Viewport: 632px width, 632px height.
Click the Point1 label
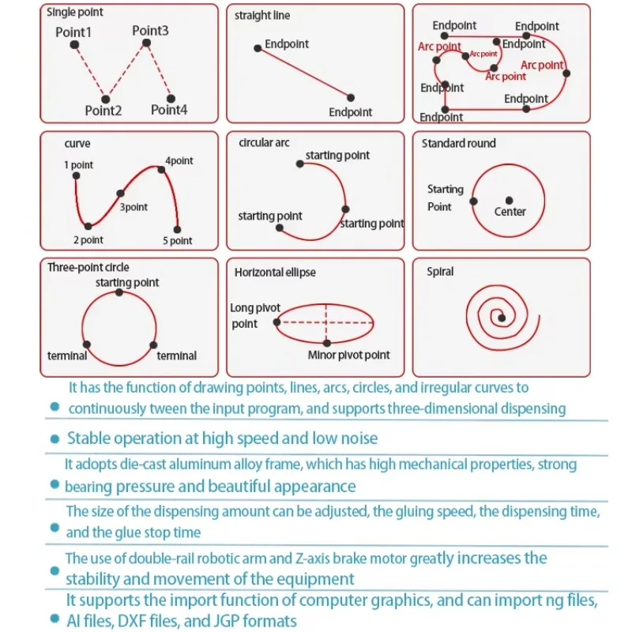click(x=73, y=32)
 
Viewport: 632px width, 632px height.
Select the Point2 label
click(x=103, y=111)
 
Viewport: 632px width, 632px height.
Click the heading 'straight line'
click(x=261, y=15)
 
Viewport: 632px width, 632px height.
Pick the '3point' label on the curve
click(x=134, y=207)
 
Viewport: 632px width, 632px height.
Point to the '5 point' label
click(x=177, y=241)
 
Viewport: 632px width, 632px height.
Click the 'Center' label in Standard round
click(x=510, y=212)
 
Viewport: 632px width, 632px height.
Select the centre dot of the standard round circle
click(x=510, y=200)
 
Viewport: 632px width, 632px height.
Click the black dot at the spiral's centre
click(x=501, y=318)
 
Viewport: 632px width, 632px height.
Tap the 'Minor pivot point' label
click(x=348, y=355)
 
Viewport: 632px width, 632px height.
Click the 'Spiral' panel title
click(x=440, y=271)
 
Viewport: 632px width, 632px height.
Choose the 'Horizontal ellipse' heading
click(x=275, y=272)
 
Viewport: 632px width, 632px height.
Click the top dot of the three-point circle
click(x=118, y=292)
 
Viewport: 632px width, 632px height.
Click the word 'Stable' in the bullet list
click(x=87, y=438)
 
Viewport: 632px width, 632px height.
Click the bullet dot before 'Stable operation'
click(x=55, y=438)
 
